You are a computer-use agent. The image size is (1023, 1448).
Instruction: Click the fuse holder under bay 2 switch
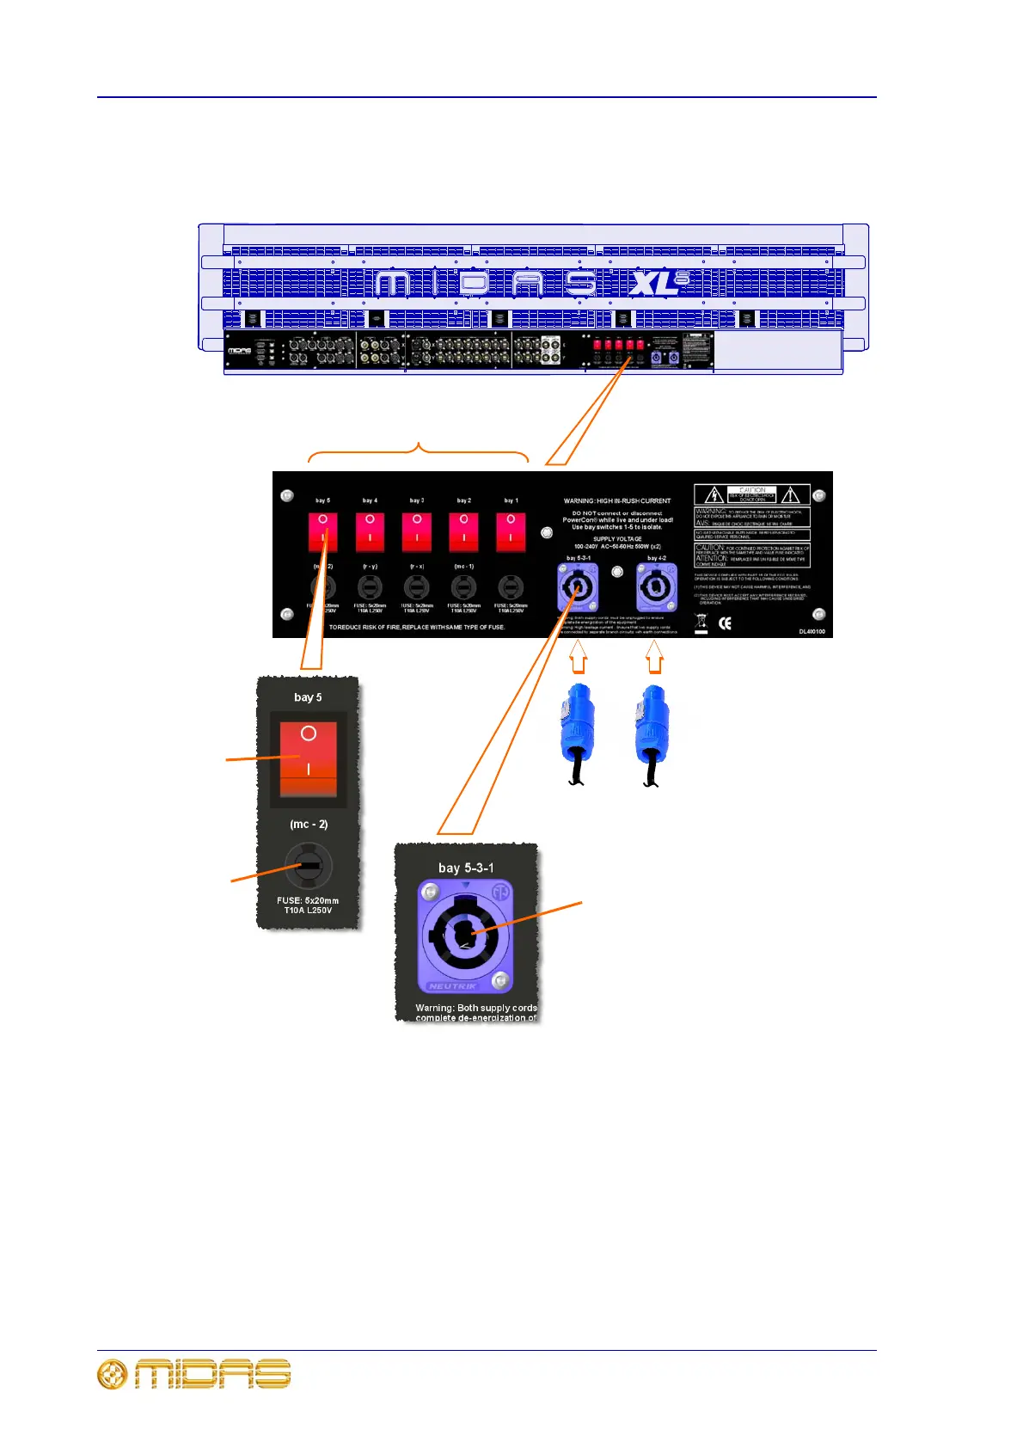pyautogui.click(x=463, y=588)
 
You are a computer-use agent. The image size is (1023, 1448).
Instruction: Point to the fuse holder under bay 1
pyautogui.click(x=511, y=588)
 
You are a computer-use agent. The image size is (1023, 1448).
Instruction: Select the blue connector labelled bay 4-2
pyautogui.click(x=657, y=588)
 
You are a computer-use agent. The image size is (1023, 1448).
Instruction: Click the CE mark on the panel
pyautogui.click(x=725, y=623)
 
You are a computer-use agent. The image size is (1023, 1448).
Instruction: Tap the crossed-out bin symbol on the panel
pyautogui.click(x=701, y=623)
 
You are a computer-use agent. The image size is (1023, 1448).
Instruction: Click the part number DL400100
pyautogui.click(x=812, y=631)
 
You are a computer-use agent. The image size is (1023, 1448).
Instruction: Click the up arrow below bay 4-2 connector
pyautogui.click(x=655, y=660)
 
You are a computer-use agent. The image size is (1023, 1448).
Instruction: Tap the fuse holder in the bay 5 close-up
pyautogui.click(x=308, y=865)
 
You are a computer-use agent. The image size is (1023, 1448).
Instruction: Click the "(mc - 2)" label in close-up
pyautogui.click(x=309, y=824)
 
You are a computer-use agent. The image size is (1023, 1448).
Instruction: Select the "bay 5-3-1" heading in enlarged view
pyautogui.click(x=466, y=868)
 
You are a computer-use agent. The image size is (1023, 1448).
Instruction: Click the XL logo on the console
pyautogui.click(x=658, y=282)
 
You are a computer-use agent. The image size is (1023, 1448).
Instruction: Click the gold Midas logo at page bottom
pyautogui.click(x=194, y=1375)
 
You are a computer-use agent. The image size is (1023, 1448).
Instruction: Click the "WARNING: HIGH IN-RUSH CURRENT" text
pyautogui.click(x=617, y=500)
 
